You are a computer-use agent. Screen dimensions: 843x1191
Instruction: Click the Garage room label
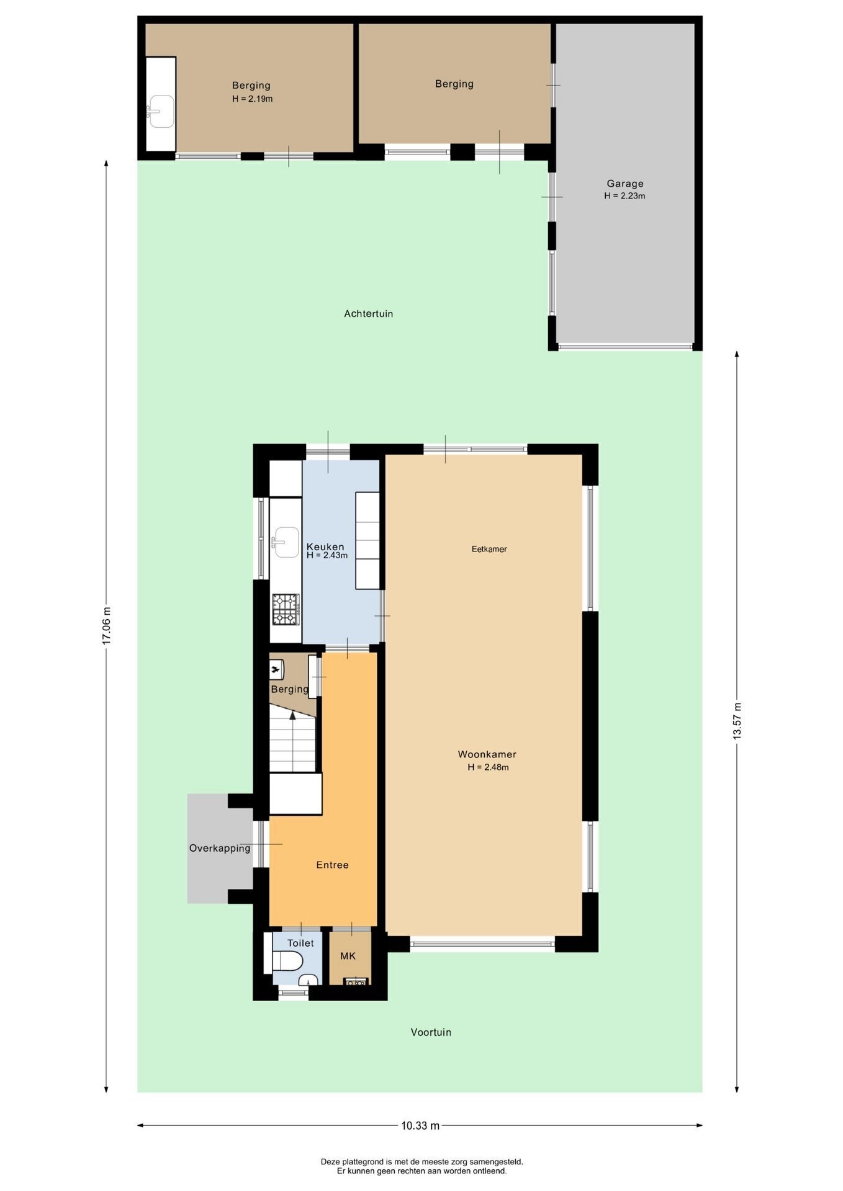625,184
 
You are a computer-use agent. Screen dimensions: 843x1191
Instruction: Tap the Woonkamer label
487,754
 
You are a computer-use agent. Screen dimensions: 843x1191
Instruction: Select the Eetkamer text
489,549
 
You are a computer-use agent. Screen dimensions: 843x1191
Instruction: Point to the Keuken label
325,546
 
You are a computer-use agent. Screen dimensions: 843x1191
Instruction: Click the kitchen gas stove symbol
286,609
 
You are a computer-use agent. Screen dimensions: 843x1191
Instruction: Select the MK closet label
348,956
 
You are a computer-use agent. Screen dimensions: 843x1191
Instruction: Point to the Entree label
332,865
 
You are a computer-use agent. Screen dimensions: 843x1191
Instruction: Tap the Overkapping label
220,849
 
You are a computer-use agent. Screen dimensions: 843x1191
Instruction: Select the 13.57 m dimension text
737,720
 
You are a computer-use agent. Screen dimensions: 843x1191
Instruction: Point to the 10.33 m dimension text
420,1125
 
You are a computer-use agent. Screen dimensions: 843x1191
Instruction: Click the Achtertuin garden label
369,314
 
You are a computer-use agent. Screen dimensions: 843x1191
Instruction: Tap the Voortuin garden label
431,1032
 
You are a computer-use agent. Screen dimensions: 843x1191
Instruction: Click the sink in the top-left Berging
160,112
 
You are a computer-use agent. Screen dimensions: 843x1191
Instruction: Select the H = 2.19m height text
253,99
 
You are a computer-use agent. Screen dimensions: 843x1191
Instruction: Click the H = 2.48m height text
489,767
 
